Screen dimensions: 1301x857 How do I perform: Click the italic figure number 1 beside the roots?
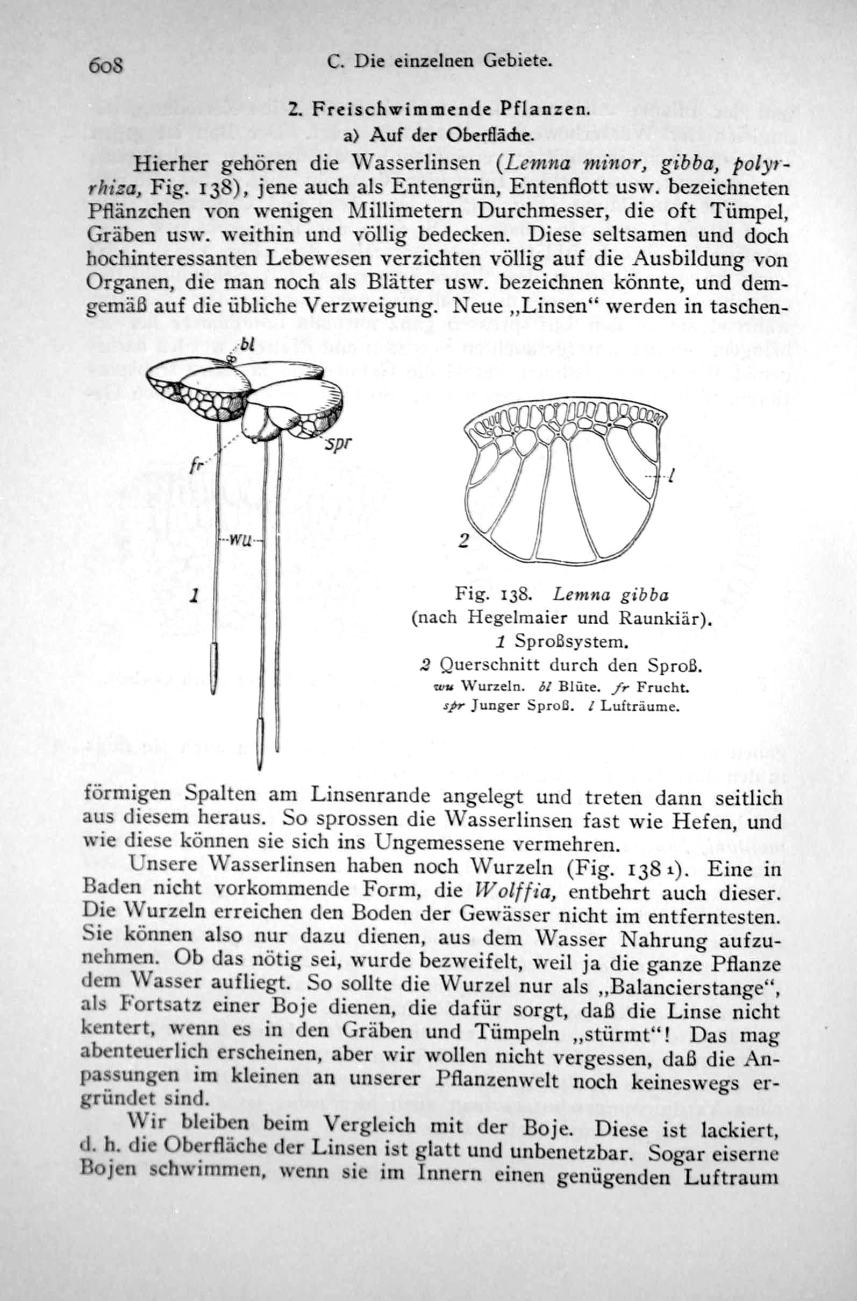(x=194, y=595)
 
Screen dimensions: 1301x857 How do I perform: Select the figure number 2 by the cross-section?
(x=463, y=541)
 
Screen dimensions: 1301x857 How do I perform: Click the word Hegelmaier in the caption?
(x=510, y=618)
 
